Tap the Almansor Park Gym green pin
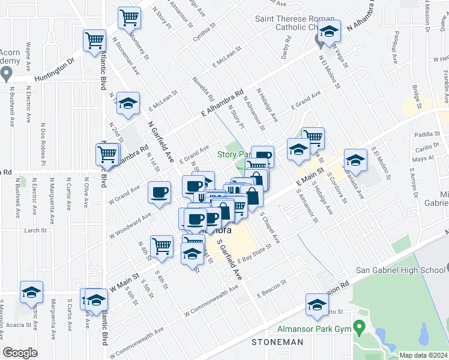(360, 328)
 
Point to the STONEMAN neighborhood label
(277, 341)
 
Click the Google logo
(20, 353)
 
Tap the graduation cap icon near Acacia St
(31, 292)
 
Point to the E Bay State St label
(255, 256)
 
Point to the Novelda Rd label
(203, 89)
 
